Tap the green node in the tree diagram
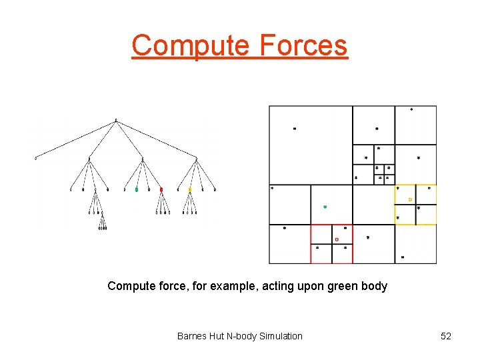point(137,190)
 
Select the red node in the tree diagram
point(161,190)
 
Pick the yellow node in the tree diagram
point(189,190)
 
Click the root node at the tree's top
point(116,121)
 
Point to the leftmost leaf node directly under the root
point(36,159)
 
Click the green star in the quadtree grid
point(325,207)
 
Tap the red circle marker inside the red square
point(337,239)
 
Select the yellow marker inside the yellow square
point(410,199)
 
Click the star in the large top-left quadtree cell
point(295,129)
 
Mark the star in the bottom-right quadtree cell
point(403,257)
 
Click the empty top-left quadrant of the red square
point(321,234)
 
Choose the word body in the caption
point(375,286)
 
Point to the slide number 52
point(446,336)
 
